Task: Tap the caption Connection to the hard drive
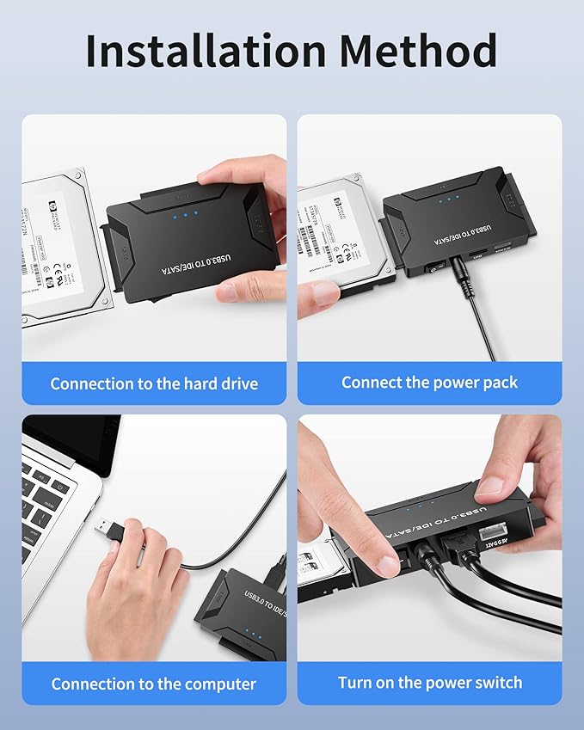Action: (154, 383)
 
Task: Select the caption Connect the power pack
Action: (429, 383)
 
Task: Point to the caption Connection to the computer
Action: (154, 684)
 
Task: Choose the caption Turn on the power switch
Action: (429, 683)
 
